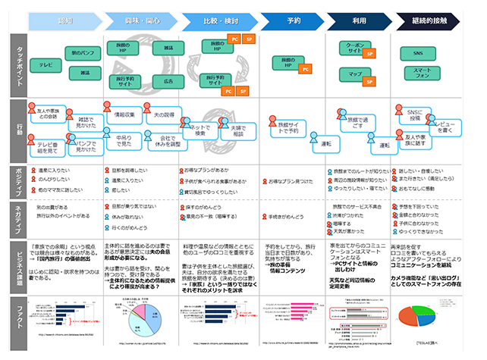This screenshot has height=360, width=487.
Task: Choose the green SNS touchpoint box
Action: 419,54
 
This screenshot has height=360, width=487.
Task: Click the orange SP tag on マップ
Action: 369,77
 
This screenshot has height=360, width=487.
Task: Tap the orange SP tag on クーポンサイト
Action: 369,55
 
